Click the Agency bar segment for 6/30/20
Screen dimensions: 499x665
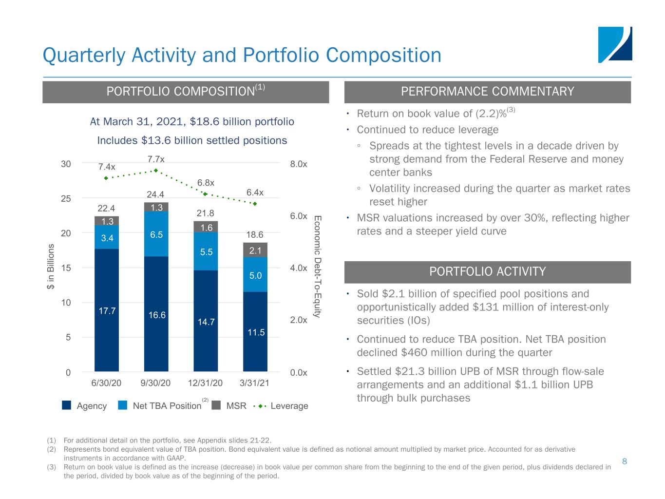pyautogui.click(x=107, y=310)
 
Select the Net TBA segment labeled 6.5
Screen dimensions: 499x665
pyautogui.click(x=156, y=234)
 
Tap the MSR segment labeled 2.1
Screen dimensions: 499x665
pyautogui.click(x=255, y=250)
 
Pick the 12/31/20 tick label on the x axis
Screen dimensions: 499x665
pyautogui.click(x=205, y=383)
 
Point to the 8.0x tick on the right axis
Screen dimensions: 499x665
pyautogui.click(x=299, y=164)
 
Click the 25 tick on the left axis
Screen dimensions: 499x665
pyautogui.click(x=66, y=199)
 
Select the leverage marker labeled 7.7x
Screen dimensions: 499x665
pyautogui.click(x=156, y=170)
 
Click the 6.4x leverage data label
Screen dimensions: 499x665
pyautogui.click(x=255, y=192)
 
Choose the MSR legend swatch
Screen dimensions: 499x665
pyautogui.click(x=216, y=405)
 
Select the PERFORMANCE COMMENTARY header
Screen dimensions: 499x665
pyautogui.click(x=487, y=92)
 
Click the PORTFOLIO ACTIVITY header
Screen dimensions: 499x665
pyautogui.click(x=487, y=272)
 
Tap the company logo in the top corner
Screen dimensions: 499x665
pyautogui.click(x=615, y=44)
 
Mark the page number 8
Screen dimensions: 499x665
pyautogui.click(x=626, y=460)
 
